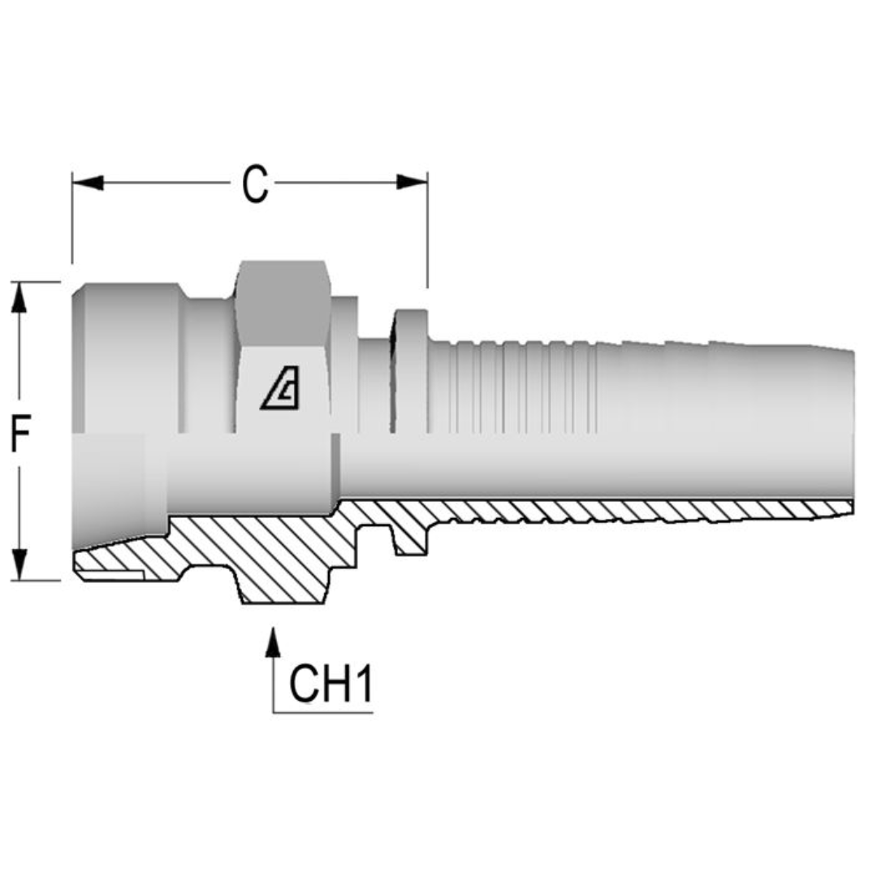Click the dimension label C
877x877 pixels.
tap(255, 184)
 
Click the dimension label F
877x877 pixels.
tap(20, 437)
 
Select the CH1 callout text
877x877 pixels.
tap(331, 685)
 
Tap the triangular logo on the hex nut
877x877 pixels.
tap(280, 391)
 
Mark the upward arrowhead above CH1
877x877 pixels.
tap(274, 641)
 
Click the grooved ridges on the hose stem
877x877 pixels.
tap(520, 386)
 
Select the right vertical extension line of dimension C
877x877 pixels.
tap(427, 235)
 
